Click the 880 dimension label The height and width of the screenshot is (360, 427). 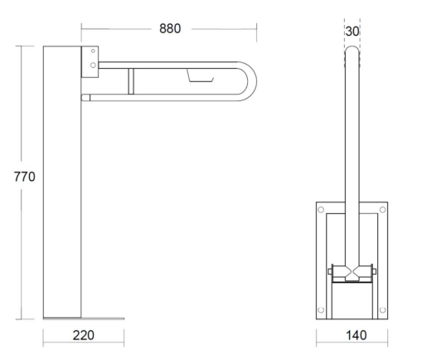pyautogui.click(x=170, y=28)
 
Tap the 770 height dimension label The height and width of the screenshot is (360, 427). pyautogui.click(x=25, y=177)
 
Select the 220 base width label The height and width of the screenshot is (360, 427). pyautogui.click(x=84, y=335)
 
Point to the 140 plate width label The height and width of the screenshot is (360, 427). pyautogui.click(x=357, y=335)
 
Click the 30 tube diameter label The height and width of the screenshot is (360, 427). pyautogui.click(x=352, y=32)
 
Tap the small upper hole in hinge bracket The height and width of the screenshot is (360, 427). pyautogui.click(x=93, y=51)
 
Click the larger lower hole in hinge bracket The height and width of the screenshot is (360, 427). pyautogui.click(x=93, y=66)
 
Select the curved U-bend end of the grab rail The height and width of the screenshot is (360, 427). pyautogui.click(x=251, y=81)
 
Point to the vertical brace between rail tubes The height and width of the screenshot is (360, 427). pyautogui.click(x=131, y=81)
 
